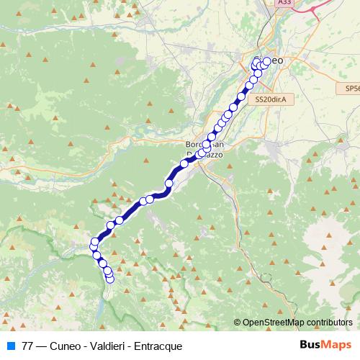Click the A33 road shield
tap(285, 3)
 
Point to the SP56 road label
tap(351, 88)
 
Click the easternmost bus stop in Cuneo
tap(267, 61)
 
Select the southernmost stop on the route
tap(110, 279)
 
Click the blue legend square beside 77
tap(11, 346)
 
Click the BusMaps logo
tap(325, 345)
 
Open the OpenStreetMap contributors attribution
tap(297, 323)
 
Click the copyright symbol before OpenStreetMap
tap(238, 323)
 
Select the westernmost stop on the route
tap(93, 248)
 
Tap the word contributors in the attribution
tap(328, 323)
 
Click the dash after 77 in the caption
tap(42, 346)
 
